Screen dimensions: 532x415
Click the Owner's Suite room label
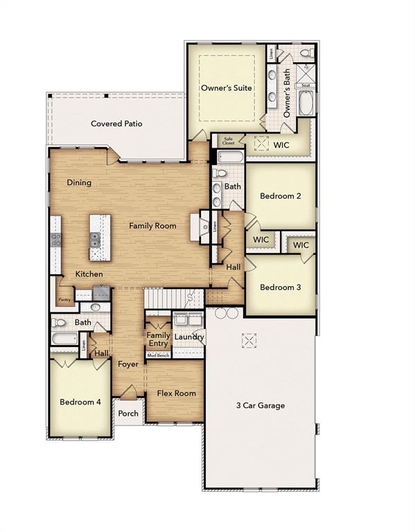(226, 88)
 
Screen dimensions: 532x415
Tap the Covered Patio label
(116, 124)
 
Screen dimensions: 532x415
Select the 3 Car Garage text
(260, 405)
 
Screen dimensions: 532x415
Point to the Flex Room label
(176, 393)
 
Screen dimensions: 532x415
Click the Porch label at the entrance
(128, 414)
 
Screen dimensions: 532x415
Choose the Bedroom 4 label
(80, 402)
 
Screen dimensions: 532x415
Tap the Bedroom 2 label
(280, 196)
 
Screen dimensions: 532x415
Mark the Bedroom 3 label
(280, 287)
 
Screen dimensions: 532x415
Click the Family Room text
(152, 226)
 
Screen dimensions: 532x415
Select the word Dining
(79, 183)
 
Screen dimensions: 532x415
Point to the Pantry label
(64, 300)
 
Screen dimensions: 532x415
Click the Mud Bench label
(158, 355)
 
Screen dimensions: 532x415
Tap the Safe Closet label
(229, 141)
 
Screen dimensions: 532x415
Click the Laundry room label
(188, 337)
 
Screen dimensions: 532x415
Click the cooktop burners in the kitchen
(55, 240)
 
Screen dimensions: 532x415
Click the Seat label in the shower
(306, 86)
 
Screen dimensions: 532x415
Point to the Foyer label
(127, 364)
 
